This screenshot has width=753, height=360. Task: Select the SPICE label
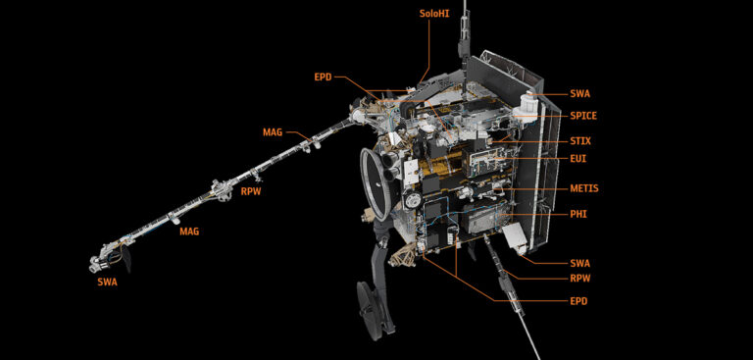click(582, 116)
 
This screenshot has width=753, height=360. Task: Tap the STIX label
click(579, 141)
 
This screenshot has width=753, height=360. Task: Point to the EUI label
click(577, 158)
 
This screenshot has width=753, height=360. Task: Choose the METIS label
click(583, 188)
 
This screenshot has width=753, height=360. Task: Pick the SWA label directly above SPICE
click(579, 94)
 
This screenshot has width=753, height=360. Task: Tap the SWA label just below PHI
click(579, 263)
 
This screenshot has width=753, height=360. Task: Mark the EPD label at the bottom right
click(578, 301)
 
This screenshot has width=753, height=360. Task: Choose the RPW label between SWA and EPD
click(580, 279)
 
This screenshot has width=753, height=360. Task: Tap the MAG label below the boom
click(188, 231)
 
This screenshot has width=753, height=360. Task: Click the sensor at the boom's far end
click(101, 262)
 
